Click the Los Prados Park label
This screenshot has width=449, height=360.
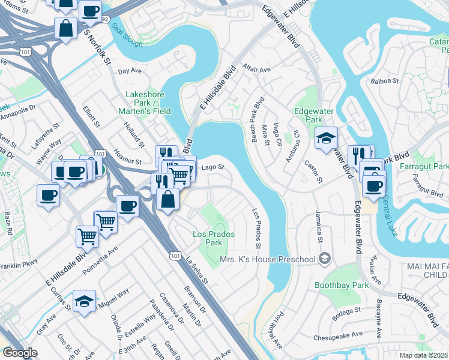click(212, 238)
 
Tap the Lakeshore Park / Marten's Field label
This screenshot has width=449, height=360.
click(148, 103)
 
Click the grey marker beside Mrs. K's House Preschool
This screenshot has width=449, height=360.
click(325, 259)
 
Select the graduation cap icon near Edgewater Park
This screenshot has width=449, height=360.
click(326, 139)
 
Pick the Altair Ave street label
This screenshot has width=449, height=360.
click(257, 69)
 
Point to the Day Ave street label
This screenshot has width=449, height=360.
click(130, 71)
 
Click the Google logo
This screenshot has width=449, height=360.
click(20, 353)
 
